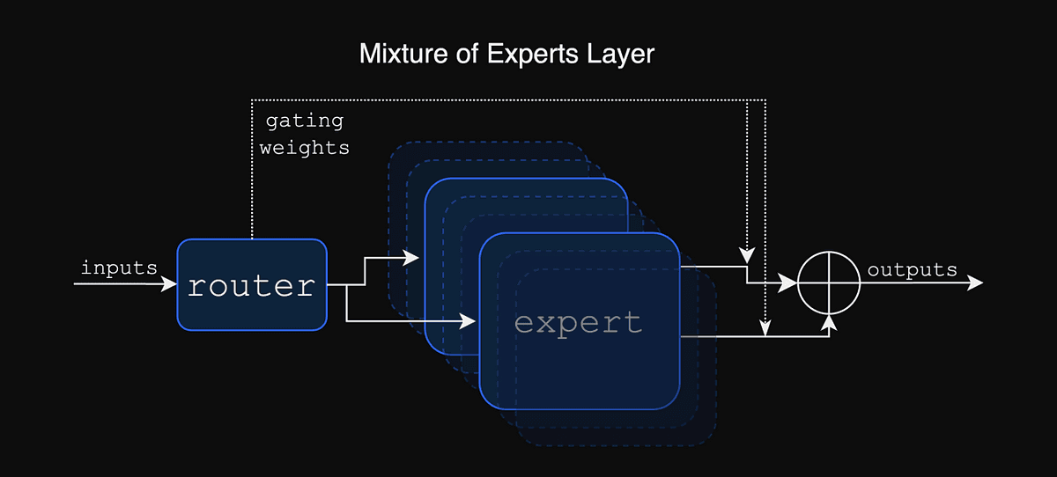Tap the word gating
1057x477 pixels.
coord(304,121)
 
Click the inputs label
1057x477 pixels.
coord(119,268)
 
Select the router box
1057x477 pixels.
coord(252,285)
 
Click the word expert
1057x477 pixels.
coord(578,322)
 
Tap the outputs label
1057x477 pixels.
coord(912,270)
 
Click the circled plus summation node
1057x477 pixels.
coord(829,283)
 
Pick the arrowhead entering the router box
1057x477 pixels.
coord(170,284)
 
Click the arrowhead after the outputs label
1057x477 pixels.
coord(975,283)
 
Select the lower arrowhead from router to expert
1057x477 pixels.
coord(471,320)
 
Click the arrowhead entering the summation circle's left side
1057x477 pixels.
coord(790,283)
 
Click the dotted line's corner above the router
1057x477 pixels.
coord(252,98)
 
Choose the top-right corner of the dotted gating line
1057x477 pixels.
coord(765,98)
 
